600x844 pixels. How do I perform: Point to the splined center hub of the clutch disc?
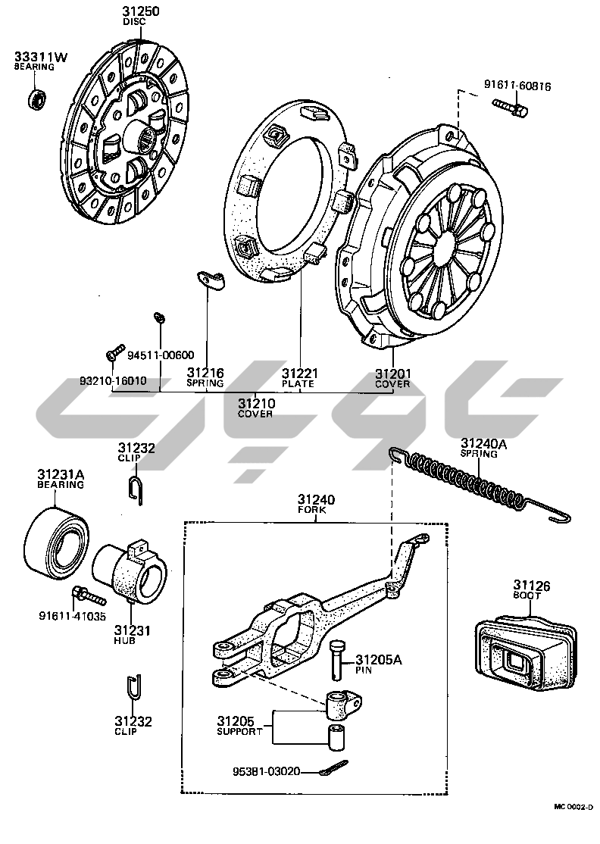[148, 139]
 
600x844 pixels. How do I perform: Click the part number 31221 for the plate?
[299, 374]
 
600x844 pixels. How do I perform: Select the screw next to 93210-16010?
[114, 353]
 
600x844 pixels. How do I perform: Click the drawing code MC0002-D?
[573, 830]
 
